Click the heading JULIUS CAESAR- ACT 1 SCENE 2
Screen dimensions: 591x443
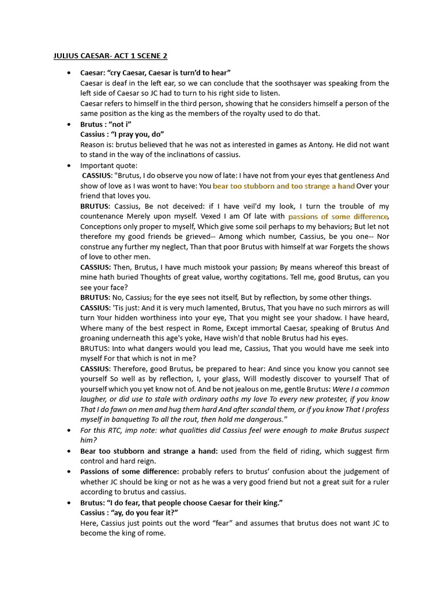[110, 56]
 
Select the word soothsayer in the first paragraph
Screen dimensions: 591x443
[301, 83]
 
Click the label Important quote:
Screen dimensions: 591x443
[109, 165]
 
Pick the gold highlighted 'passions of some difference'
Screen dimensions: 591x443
[338, 216]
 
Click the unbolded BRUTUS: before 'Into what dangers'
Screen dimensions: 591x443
[95, 349]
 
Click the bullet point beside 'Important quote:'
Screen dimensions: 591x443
[69, 165]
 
